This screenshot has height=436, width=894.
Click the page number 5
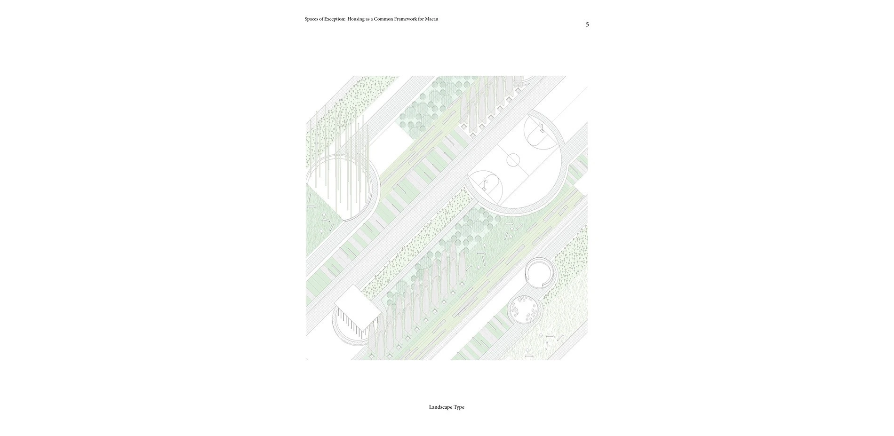tap(587, 24)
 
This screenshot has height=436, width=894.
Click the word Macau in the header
tap(431, 19)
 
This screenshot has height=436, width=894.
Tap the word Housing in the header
tap(356, 19)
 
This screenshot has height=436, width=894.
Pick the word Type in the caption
tap(459, 407)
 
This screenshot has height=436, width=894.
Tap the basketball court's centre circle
tap(513, 160)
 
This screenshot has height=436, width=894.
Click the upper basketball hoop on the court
tap(542, 127)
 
